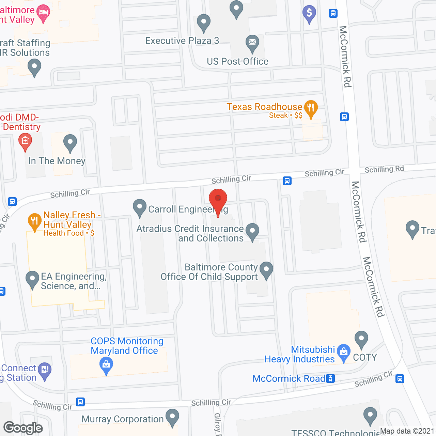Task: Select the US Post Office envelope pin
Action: pyautogui.click(x=252, y=43)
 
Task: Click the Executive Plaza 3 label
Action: pyautogui.click(x=182, y=41)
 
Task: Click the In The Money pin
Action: pyautogui.click(x=70, y=143)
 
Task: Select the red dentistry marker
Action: pyautogui.click(x=25, y=141)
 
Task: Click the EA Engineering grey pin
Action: pyautogui.click(x=32, y=279)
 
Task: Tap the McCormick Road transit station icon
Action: pyautogui.click(x=330, y=378)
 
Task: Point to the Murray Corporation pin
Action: pyautogui.click(x=172, y=417)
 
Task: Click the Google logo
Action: pyautogui.click(x=23, y=428)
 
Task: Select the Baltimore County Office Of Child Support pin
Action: pyautogui.click(x=266, y=270)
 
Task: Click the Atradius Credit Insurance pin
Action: pyautogui.click(x=252, y=231)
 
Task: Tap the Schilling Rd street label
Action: pyautogui.click(x=384, y=169)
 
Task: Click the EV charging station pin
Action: pyautogui.click(x=45, y=371)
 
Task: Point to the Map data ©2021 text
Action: pyautogui.click(x=407, y=431)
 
